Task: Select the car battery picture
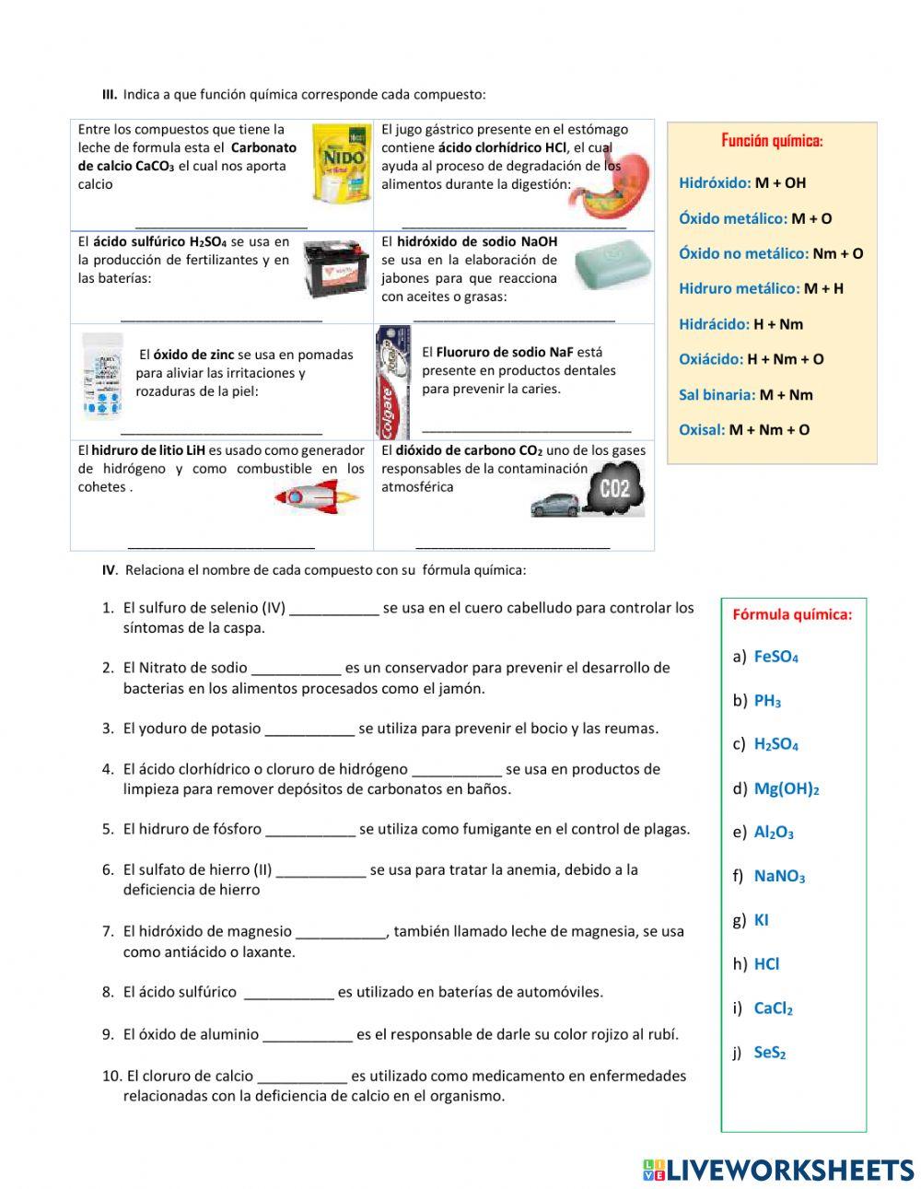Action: click(x=336, y=270)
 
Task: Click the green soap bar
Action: click(x=612, y=265)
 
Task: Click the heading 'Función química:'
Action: click(x=772, y=141)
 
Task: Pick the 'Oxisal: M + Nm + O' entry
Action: click(x=744, y=430)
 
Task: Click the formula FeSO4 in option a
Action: click(x=775, y=657)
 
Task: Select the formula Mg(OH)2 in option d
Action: click(x=786, y=788)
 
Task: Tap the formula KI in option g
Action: click(x=761, y=920)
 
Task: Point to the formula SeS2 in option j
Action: click(x=769, y=1052)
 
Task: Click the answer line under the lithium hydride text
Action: click(x=221, y=545)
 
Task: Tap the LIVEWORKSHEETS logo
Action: click(x=778, y=1170)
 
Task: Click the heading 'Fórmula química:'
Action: click(x=792, y=614)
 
